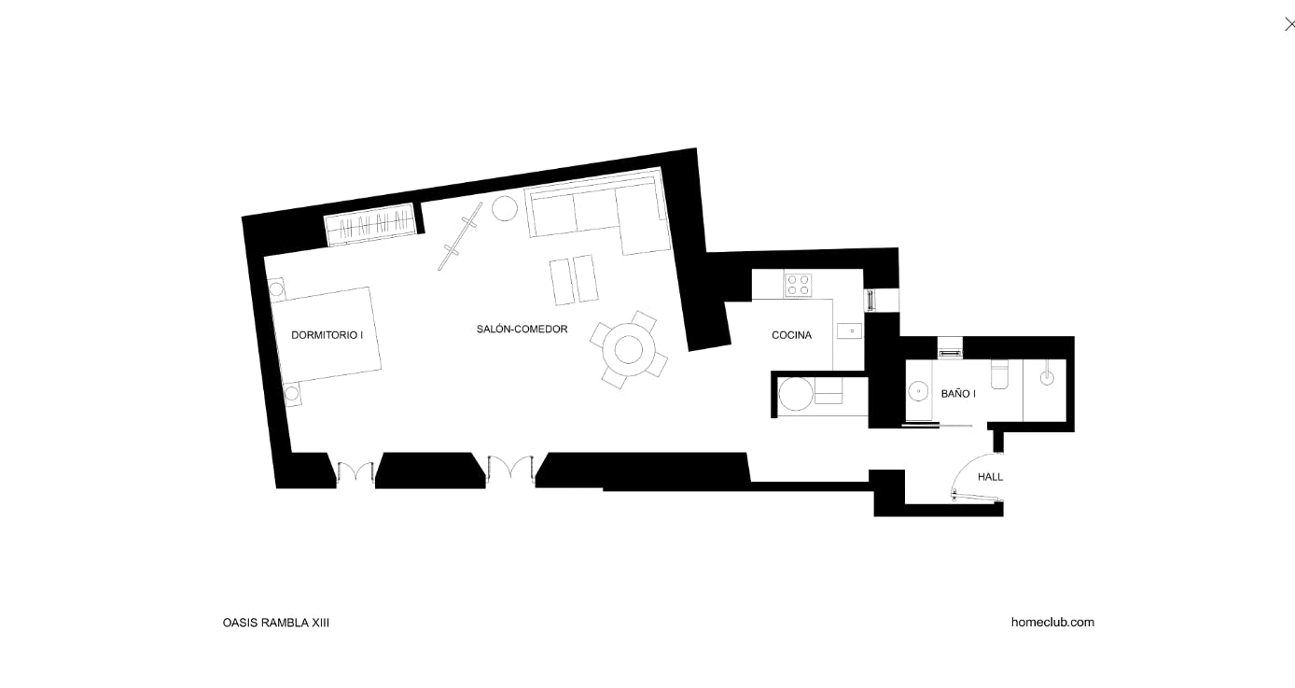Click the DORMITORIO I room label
pyautogui.click(x=327, y=335)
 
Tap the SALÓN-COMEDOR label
pyautogui.click(x=522, y=329)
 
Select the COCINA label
pyautogui.click(x=791, y=335)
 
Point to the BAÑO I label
pyautogui.click(x=958, y=393)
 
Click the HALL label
pyautogui.click(x=990, y=477)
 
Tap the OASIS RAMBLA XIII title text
pyautogui.click(x=276, y=623)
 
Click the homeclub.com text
pyautogui.click(x=1052, y=622)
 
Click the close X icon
pyautogui.click(x=1288, y=24)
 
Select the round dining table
pyautogui.click(x=629, y=349)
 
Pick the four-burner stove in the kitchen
pyautogui.click(x=798, y=285)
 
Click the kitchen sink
pyautogui.click(x=849, y=331)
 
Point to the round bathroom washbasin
pyautogui.click(x=918, y=391)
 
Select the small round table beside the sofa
pyautogui.click(x=505, y=208)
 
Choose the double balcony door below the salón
pyautogui.click(x=510, y=469)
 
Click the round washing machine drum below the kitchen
pyautogui.click(x=796, y=394)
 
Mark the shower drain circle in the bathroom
pyautogui.click(x=1047, y=378)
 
